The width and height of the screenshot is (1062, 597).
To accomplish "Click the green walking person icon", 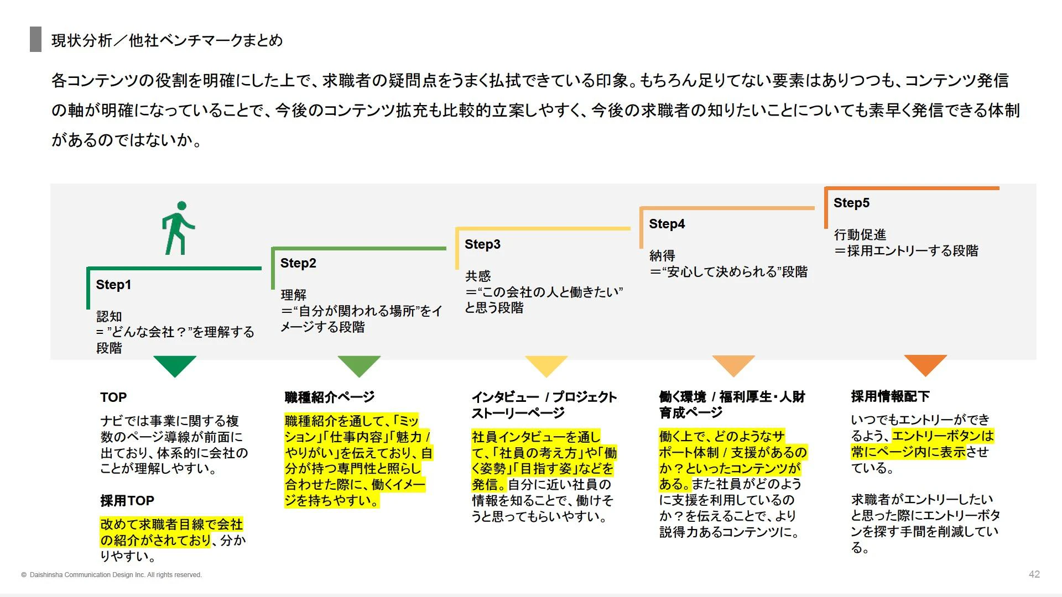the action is [x=178, y=228].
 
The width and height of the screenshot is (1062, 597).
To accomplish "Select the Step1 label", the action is [x=113, y=285].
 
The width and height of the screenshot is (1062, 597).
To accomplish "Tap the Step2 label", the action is [x=298, y=263].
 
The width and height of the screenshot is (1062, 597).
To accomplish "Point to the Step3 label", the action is [x=482, y=244].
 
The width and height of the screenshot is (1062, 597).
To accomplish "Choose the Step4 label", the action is [x=667, y=224].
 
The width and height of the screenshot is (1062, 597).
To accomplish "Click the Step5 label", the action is [x=851, y=203].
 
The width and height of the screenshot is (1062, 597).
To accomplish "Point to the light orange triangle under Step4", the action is [x=733, y=365].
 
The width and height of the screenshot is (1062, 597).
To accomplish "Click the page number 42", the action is [x=1034, y=574].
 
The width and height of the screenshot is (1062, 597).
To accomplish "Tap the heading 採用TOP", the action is [x=127, y=501].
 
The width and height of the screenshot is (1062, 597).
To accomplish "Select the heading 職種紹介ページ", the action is [x=330, y=397].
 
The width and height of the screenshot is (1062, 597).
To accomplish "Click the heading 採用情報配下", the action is [x=890, y=396].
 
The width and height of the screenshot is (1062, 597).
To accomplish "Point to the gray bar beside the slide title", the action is [x=35, y=39].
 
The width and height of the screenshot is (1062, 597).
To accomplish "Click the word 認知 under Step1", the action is [x=109, y=316].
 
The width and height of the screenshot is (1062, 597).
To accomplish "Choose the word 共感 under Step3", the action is [x=478, y=276].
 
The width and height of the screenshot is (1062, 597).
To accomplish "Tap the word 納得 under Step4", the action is [x=662, y=255].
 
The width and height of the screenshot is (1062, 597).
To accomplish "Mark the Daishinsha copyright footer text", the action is [x=112, y=575].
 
